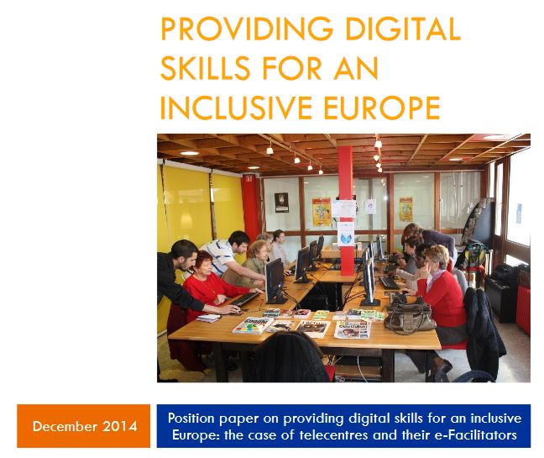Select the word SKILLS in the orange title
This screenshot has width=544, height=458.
pos(206,68)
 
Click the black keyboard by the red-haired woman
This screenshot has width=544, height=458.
pos(244,298)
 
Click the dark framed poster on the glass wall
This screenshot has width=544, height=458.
pos(281,203)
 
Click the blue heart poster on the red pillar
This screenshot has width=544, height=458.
pos(346,234)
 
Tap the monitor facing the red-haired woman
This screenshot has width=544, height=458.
pos(275,281)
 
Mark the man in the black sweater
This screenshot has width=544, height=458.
pos(180,278)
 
